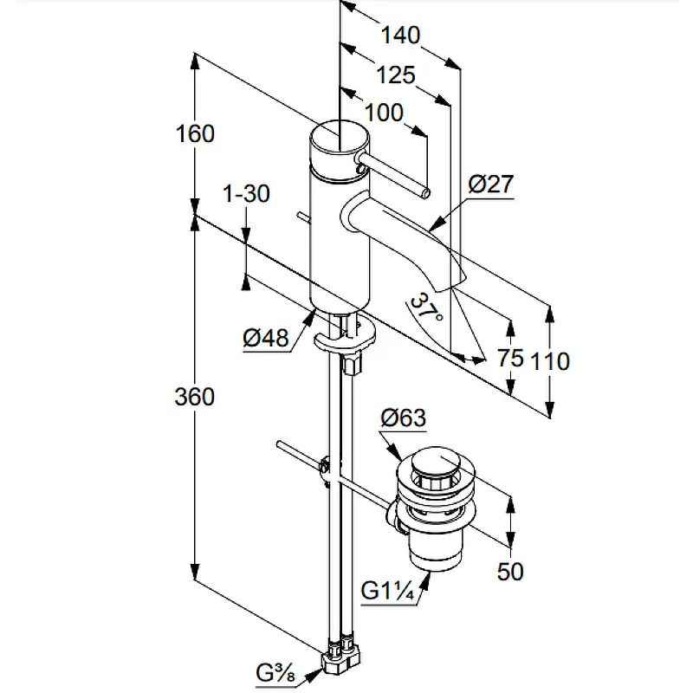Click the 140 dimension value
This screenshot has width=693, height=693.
[x=400, y=35]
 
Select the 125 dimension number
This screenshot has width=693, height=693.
[x=396, y=75]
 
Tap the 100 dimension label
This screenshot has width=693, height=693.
[x=384, y=113]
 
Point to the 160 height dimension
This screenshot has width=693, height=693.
[x=195, y=133]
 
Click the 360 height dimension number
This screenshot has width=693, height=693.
[x=194, y=397]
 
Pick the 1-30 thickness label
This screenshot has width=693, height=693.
[x=246, y=193]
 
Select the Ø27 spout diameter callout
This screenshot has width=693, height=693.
[x=490, y=184]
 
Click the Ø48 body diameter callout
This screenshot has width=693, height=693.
[x=266, y=338]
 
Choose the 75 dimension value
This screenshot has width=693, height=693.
[x=510, y=358]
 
